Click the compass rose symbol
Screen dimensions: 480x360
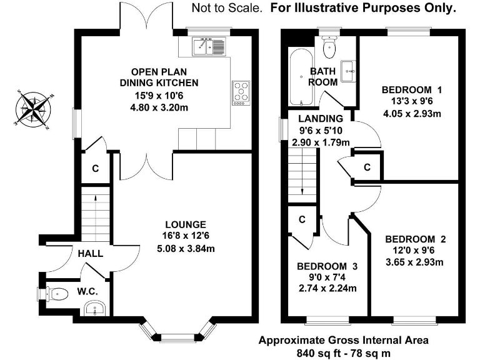click(x=33, y=109)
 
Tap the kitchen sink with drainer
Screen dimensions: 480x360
click(x=209, y=46)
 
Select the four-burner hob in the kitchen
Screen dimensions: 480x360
click(x=241, y=93)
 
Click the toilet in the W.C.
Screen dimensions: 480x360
click(x=57, y=294)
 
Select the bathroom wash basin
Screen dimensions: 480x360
click(x=349, y=71)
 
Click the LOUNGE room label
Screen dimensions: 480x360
click(x=186, y=225)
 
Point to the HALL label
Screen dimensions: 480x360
click(x=90, y=254)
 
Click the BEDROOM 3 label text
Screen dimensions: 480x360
click(x=327, y=266)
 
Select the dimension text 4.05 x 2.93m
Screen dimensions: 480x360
click(x=412, y=114)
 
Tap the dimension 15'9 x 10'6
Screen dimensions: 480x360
click(x=159, y=96)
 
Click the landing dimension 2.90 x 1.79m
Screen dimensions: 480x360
click(x=321, y=142)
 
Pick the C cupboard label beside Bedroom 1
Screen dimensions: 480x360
click(x=367, y=167)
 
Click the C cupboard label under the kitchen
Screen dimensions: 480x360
click(x=96, y=168)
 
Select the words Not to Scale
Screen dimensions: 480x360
click(x=227, y=8)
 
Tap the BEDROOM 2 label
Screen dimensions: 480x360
click(x=416, y=239)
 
